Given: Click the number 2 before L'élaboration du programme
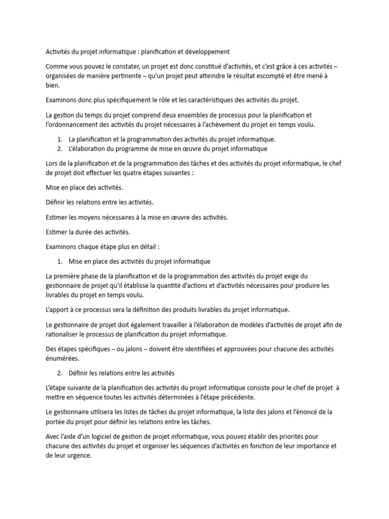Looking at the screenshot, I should [59, 149].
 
